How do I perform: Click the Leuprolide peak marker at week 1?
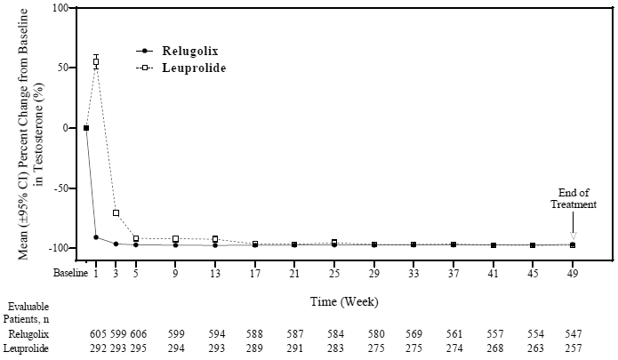pos(96,61)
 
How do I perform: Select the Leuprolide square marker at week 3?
pos(116,213)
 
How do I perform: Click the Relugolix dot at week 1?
pos(96,237)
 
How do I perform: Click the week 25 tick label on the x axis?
pos(334,272)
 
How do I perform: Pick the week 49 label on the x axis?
pos(573,272)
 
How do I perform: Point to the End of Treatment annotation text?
pos(573,197)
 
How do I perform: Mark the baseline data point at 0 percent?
pos(86,128)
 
